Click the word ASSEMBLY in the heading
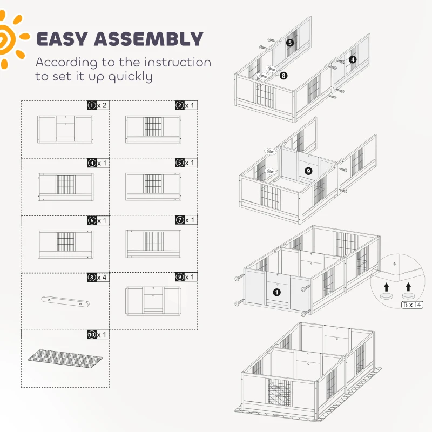click(x=149, y=39)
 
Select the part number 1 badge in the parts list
click(x=92, y=105)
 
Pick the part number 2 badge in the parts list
click(x=180, y=105)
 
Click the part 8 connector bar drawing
click(x=65, y=301)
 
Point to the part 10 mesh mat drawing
click(x=65, y=359)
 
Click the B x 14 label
click(x=412, y=305)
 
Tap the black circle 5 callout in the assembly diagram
click(x=289, y=43)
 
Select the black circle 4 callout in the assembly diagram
click(x=353, y=59)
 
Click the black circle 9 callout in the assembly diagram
click(x=308, y=171)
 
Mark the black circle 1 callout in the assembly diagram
click(x=277, y=292)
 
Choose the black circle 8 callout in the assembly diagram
click(x=283, y=76)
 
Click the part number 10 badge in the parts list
click(x=92, y=334)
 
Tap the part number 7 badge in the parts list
click(x=180, y=220)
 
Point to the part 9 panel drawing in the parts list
click(x=153, y=300)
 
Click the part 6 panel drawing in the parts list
click(x=65, y=244)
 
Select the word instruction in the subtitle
click(x=178, y=63)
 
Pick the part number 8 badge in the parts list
click(x=92, y=277)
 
